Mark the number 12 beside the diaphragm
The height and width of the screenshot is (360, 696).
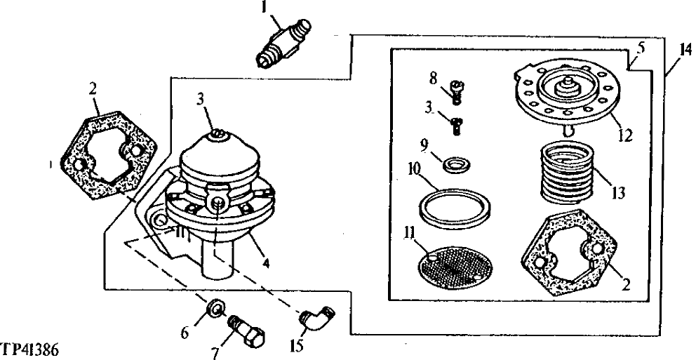(624, 135)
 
